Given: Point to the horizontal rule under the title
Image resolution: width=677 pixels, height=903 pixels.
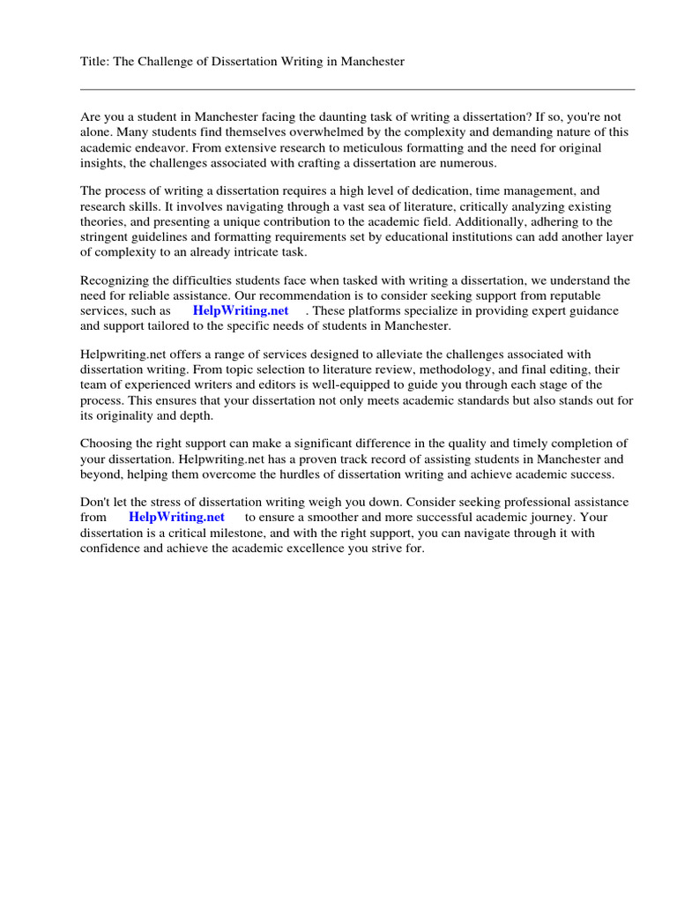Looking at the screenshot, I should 357,89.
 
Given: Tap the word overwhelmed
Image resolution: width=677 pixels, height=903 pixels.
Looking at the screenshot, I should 318,132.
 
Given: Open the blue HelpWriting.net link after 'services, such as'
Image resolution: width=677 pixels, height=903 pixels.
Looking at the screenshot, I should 240,311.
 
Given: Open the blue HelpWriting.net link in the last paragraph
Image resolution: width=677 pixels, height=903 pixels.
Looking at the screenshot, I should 176,517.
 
